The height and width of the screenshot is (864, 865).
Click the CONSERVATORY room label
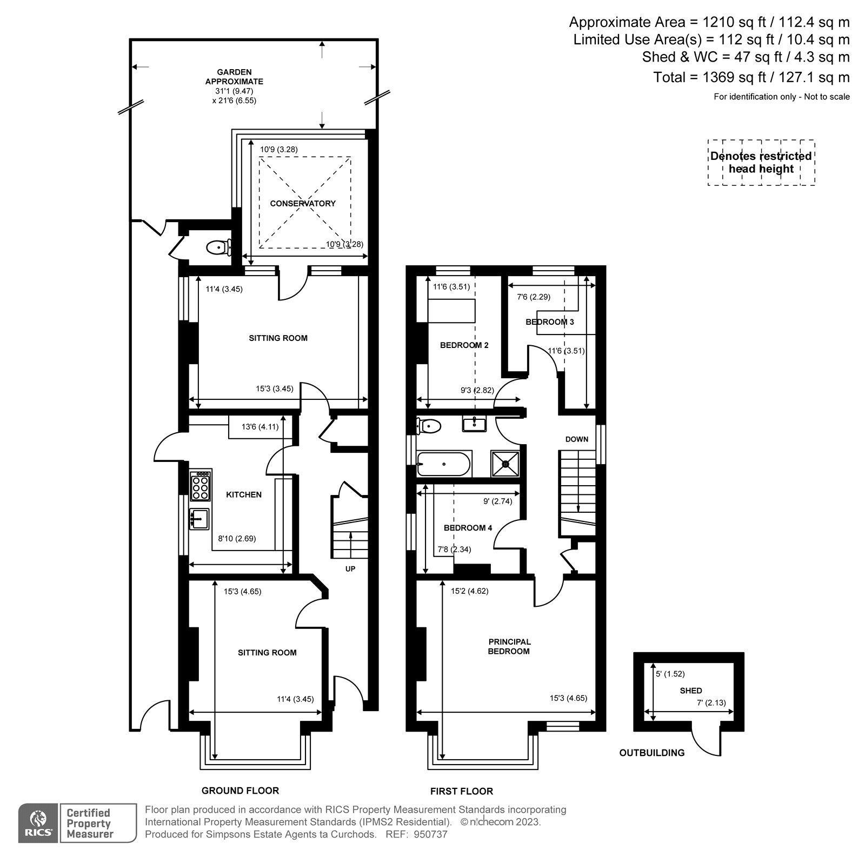pyautogui.click(x=303, y=204)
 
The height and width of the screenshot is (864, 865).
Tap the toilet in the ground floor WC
pyautogui.click(x=217, y=247)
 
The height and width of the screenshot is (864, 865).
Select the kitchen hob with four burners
pyautogui.click(x=200, y=485)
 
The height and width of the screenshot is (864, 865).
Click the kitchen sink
pyautogui.click(x=199, y=519)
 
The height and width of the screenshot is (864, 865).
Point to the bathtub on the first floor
pyautogui.click(x=443, y=464)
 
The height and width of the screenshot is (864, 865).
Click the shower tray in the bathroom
pyautogui.click(x=505, y=464)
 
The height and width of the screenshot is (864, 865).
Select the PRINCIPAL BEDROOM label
pyautogui.click(x=509, y=646)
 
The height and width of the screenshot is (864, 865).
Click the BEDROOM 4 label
pyautogui.click(x=468, y=528)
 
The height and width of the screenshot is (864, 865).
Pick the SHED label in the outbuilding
pyautogui.click(x=691, y=691)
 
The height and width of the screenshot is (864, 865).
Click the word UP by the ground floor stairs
pyautogui.click(x=350, y=568)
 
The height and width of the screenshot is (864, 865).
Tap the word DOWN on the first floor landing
pyautogui.click(x=577, y=439)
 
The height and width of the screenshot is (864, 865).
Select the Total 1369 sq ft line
pyautogui.click(x=751, y=77)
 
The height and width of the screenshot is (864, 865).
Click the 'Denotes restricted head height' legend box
pyautogui.click(x=761, y=163)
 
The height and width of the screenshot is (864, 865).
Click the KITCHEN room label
pyautogui.click(x=243, y=494)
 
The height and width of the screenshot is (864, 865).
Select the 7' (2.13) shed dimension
pyautogui.click(x=711, y=703)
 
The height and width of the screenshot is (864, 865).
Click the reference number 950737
pyautogui.click(x=431, y=834)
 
